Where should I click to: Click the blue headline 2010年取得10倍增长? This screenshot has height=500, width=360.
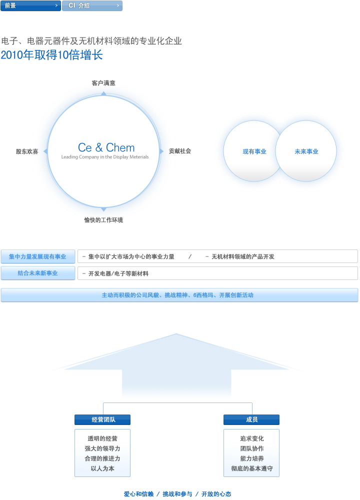click(x=52, y=55)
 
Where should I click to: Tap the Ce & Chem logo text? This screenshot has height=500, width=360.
click(x=106, y=147)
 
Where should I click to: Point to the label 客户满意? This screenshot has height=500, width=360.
click(x=103, y=83)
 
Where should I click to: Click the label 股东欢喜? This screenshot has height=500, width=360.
click(x=27, y=151)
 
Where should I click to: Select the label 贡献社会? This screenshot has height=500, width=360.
click(x=180, y=151)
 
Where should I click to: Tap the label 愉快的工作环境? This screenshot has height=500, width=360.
click(x=103, y=220)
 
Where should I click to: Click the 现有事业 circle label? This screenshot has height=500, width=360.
click(x=254, y=151)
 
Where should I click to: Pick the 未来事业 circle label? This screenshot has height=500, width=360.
click(x=306, y=151)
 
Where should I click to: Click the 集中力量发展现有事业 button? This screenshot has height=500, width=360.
click(x=37, y=256)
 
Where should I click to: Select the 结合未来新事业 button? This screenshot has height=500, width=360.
click(x=37, y=273)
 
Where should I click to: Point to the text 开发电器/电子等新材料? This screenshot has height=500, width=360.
click(x=118, y=273)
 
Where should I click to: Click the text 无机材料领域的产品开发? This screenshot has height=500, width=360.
click(x=243, y=256)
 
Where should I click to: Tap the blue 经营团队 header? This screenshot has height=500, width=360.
click(x=102, y=420)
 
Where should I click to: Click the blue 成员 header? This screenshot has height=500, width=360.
click(x=251, y=420)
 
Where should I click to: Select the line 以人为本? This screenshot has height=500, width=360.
click(x=102, y=468)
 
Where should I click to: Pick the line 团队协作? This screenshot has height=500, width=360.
click(x=252, y=448)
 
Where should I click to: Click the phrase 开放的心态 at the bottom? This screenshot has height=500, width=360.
click(x=216, y=494)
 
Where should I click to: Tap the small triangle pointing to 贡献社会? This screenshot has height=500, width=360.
click(x=161, y=151)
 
